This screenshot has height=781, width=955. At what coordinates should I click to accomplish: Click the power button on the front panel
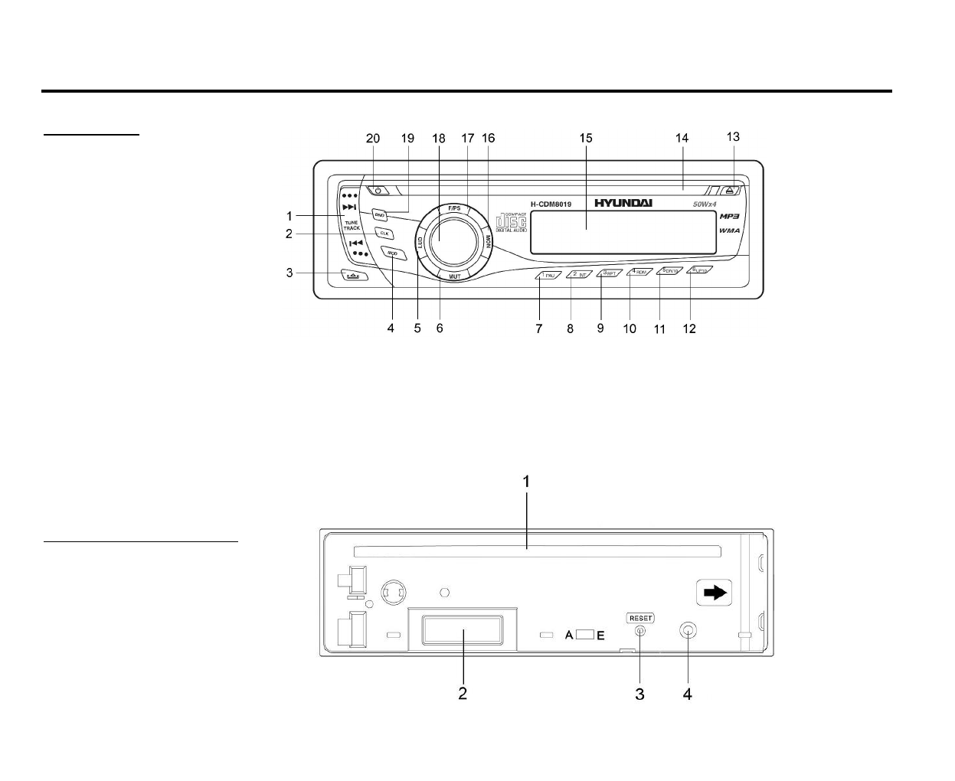(377, 191)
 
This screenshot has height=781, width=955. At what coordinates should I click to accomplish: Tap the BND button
(379, 215)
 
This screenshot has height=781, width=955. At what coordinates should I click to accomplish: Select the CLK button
(383, 233)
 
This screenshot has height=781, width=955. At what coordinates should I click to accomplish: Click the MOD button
(391, 253)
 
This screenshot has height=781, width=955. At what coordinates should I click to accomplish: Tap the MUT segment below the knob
(454, 276)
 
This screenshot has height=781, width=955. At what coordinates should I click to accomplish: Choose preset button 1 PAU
(548, 275)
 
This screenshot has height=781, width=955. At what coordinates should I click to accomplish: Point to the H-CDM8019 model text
(551, 204)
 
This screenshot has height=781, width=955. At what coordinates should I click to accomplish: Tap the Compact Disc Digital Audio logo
(512, 221)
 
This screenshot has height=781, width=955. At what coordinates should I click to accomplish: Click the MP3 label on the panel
(729, 217)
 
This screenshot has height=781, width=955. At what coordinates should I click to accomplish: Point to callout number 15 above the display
(586, 139)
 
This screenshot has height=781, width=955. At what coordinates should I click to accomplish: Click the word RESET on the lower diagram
(640, 618)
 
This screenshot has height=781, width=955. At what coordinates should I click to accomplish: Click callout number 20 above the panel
(373, 139)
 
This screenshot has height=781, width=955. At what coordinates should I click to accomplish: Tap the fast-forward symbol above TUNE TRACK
(349, 207)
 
